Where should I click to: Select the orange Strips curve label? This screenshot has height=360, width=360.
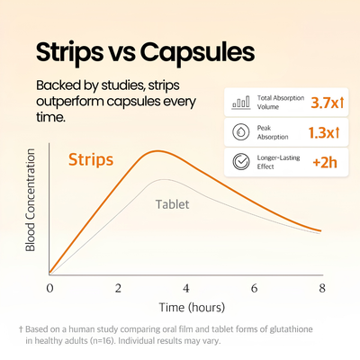91,159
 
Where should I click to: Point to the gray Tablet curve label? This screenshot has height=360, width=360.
173,204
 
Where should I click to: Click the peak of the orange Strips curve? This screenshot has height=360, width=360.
157,151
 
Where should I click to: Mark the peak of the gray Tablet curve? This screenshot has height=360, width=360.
163,179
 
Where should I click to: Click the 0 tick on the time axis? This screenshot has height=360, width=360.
49,288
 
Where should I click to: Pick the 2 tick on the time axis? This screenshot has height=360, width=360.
118,288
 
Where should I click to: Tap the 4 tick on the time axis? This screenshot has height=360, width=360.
186,288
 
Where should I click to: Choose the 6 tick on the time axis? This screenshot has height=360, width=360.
255,288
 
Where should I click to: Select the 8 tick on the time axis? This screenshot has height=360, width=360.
322,288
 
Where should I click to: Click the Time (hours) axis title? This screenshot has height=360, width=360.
192,308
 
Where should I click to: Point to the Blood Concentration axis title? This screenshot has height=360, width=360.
31,200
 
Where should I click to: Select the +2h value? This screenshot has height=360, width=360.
325,162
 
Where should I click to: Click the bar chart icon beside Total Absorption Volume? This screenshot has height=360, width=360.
241,103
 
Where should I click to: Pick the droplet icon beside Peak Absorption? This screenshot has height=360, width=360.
241,132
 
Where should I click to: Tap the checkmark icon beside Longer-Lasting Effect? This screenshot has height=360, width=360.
241,161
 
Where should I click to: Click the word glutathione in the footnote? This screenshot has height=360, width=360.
291,329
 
